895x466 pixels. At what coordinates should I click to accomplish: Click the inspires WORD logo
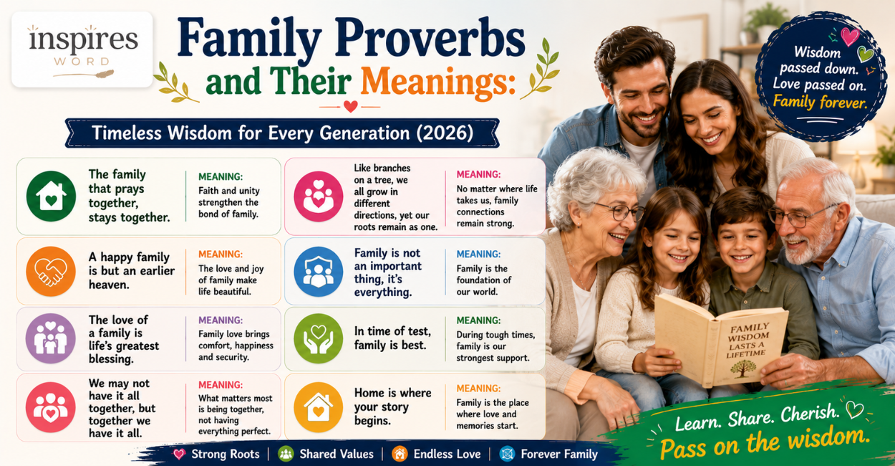click(82, 49)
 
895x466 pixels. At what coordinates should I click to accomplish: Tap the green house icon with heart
click(51, 196)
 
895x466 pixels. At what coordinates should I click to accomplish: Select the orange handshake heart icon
click(51, 271)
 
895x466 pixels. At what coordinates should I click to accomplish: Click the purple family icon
click(51, 338)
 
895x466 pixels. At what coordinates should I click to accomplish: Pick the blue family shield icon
click(319, 272)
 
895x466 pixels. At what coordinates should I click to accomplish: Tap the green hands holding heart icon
click(319, 338)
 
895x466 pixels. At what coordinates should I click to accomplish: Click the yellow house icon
click(319, 407)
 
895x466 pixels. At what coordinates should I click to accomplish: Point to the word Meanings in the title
click(438, 82)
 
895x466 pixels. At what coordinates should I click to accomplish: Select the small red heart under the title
click(350, 106)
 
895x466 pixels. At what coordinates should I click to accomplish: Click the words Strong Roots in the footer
click(226, 454)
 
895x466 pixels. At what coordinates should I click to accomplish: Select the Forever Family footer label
click(559, 454)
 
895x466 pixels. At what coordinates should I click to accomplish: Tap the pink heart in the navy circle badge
click(849, 36)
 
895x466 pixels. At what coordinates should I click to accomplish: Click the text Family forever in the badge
click(820, 102)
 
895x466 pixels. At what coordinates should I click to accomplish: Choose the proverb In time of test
click(393, 338)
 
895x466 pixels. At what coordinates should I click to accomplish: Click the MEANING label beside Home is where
click(478, 389)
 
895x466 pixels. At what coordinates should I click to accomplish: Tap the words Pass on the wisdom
click(765, 442)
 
